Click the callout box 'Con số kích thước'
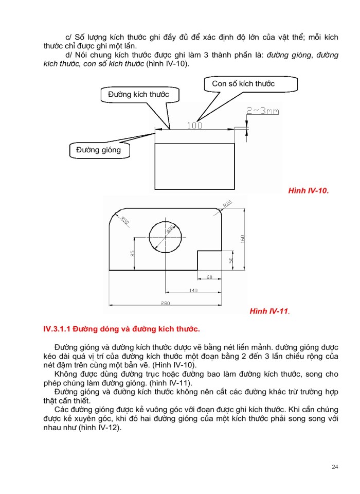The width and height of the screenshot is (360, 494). point(243,84)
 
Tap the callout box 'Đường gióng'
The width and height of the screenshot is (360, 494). point(98,150)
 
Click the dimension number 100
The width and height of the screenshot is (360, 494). point(194,125)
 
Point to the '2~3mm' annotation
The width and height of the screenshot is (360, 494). point(262,110)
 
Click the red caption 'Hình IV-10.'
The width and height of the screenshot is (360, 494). point(308,190)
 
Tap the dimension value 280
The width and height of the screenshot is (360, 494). point(165,304)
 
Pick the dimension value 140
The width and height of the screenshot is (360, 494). point(193,291)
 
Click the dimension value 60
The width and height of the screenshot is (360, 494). point(209,277)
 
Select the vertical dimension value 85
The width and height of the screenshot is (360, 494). point(132,254)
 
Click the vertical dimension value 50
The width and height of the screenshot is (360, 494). point(231,260)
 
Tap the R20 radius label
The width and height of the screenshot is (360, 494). point(227,204)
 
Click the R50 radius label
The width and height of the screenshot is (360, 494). point(124,220)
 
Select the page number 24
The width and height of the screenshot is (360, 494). point(335,467)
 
